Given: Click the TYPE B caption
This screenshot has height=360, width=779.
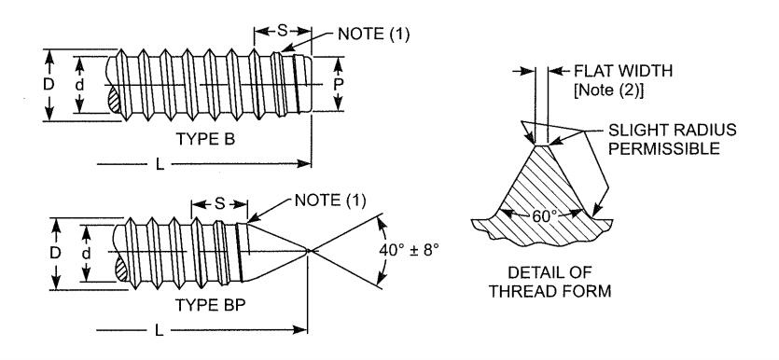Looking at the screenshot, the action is click(205, 140).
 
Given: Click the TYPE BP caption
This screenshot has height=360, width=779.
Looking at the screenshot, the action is click(210, 305).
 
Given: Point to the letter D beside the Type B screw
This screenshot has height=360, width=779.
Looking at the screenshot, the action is click(49, 85).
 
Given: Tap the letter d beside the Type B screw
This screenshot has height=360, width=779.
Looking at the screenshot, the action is click(79, 85).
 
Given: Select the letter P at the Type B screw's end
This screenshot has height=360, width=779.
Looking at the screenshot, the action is click(338, 85).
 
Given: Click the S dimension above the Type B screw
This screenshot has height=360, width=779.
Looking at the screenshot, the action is click(282, 31).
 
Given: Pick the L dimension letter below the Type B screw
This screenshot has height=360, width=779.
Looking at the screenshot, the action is click(160, 164).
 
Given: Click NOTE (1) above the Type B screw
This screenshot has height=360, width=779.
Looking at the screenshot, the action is click(373, 34).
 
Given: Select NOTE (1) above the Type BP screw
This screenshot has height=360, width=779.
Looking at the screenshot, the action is click(330, 201).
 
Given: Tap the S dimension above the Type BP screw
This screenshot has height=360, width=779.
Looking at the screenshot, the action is click(219, 203).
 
